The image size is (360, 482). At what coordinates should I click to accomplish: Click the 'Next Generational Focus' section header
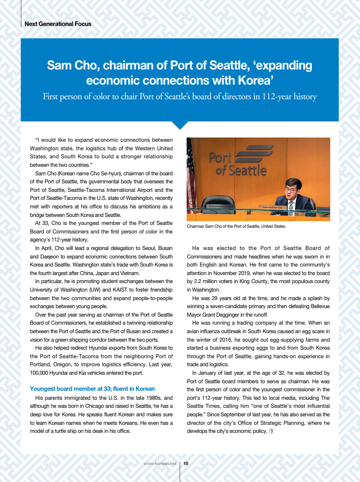coord(58,24)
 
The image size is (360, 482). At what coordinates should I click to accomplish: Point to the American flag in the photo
coord(191,175)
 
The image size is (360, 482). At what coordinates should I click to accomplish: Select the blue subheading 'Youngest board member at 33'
coord(92,389)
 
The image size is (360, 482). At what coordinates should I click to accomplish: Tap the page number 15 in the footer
coord(186,464)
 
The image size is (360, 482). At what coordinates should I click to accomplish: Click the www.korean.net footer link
coord(160,464)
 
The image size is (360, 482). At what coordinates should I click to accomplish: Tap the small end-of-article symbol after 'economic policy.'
coord(271,431)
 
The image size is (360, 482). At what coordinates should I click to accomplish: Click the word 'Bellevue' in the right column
coord(318,307)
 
